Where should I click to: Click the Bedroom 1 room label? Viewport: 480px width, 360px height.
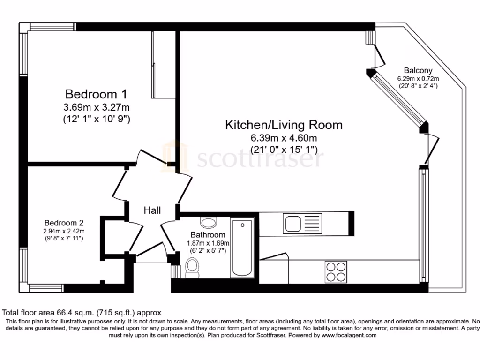(x=96, y=93)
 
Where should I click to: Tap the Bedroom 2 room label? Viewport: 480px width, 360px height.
(x=64, y=223)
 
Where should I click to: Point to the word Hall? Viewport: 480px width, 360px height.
(x=152, y=210)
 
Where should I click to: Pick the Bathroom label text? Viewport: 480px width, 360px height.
(x=207, y=234)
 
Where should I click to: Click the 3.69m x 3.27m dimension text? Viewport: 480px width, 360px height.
(x=96, y=106)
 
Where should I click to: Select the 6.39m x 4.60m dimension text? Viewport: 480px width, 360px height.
(x=284, y=138)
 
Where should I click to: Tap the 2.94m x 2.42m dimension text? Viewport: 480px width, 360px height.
(x=64, y=231)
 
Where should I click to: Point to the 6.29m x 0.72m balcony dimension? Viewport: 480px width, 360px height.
(x=418, y=79)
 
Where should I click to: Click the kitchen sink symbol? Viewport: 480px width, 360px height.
(x=302, y=222)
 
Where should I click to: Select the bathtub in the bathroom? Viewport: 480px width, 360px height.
(x=242, y=247)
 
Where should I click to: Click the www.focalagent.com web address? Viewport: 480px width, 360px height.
(x=349, y=336)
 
